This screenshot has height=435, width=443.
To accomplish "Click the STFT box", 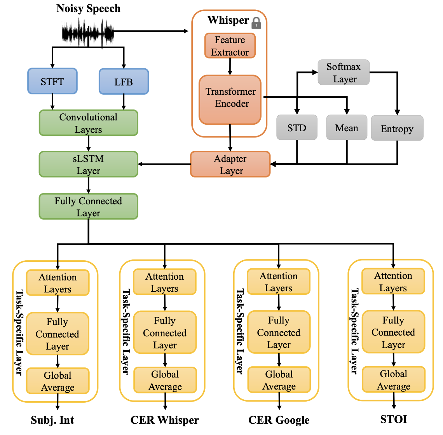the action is [x=52, y=81].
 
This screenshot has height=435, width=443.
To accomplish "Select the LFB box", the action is [x=124, y=81].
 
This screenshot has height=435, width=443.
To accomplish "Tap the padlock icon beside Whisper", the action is [x=256, y=23].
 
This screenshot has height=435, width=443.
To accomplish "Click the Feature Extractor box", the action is [x=230, y=46].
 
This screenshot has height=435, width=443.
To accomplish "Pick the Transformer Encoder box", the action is [x=230, y=99].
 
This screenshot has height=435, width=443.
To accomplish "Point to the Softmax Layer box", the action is [x=344, y=72].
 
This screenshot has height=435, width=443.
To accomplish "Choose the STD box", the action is [x=297, y=127].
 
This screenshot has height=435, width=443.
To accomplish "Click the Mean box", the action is [x=347, y=127].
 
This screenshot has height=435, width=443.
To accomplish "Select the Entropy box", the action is [x=397, y=128].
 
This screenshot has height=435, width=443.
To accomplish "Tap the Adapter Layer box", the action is [x=230, y=164].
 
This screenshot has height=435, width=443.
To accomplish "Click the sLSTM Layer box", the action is [x=89, y=164].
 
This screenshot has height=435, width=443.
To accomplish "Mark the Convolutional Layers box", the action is [x=89, y=123].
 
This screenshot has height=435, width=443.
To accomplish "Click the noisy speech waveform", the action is [x=88, y=33].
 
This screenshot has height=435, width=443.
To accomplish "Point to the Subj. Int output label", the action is [x=52, y=420].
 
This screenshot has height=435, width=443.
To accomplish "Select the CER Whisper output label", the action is [x=164, y=420].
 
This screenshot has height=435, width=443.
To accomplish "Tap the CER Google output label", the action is [x=279, y=420].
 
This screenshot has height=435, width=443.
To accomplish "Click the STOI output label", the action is [x=394, y=419].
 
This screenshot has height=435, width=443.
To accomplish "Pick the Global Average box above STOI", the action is [x=394, y=379].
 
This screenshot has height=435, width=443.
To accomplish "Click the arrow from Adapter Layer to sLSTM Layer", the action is [x=164, y=164].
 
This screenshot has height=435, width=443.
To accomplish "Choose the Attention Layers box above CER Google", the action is [x=279, y=282].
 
